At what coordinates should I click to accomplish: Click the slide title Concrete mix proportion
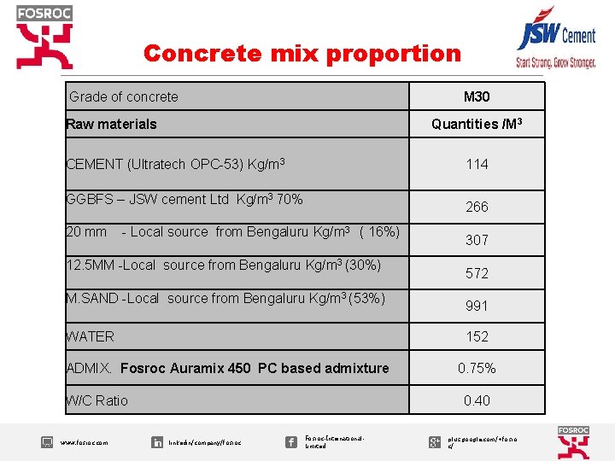(302, 54)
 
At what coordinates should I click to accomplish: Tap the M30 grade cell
(477, 96)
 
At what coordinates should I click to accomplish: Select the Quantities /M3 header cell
(477, 125)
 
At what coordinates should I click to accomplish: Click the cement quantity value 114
(477, 164)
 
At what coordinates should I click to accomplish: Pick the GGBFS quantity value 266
(477, 207)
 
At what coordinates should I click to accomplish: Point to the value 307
(477, 240)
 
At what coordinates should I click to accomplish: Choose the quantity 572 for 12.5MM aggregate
(477, 273)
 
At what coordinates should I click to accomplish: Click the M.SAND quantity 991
(477, 306)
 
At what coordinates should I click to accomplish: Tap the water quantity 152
(477, 336)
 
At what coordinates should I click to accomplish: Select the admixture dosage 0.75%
(477, 369)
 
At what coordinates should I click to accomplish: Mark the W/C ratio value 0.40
(477, 400)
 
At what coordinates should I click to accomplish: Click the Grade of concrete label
(124, 97)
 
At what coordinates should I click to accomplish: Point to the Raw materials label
(112, 125)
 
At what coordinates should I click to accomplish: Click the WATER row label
(91, 337)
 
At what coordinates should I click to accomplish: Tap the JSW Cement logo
(555, 41)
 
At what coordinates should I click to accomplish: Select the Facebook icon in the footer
(291, 441)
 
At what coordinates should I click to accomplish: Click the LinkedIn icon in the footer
(157, 442)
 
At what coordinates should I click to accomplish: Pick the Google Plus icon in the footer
(434, 441)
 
